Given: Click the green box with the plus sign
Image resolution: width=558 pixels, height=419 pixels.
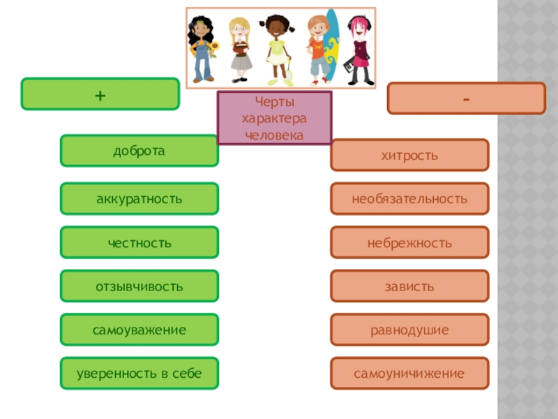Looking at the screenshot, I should [x=100, y=94].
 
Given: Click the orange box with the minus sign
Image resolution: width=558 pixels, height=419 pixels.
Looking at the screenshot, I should [x=466, y=98].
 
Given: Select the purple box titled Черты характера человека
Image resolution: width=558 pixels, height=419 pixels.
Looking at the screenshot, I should [x=274, y=118].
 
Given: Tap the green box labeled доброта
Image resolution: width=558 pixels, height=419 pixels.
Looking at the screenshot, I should [x=139, y=151].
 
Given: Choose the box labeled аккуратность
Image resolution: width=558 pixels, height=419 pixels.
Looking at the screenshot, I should [x=139, y=199].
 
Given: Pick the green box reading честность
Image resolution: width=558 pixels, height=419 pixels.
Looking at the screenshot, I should [x=139, y=242].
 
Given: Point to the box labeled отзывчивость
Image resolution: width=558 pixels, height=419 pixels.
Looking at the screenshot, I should [x=139, y=286].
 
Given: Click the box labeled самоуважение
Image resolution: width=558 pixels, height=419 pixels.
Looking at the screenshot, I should [x=139, y=330].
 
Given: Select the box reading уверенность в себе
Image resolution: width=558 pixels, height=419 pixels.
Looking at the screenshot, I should [x=139, y=374].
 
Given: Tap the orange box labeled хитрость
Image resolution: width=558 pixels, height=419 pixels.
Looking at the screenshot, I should [x=409, y=155].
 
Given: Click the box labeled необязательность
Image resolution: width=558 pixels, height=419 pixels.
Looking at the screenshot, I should [x=409, y=199].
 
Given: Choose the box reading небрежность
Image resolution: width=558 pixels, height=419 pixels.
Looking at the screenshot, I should [x=409, y=242].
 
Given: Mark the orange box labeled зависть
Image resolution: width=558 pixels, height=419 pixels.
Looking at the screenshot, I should [x=409, y=286].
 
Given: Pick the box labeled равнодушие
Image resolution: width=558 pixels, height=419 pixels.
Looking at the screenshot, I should [x=409, y=330].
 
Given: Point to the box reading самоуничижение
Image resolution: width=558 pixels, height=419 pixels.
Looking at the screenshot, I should [x=409, y=374].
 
